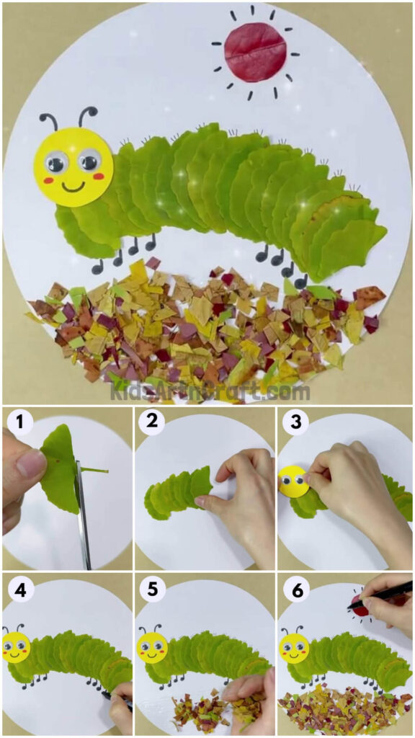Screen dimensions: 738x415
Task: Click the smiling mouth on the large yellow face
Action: [73, 187]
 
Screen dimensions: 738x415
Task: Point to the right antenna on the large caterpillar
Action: [86, 115]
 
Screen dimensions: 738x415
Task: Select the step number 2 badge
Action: [152, 422]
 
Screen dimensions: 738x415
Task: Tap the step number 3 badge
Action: [291, 422]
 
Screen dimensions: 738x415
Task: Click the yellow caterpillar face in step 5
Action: [152, 647]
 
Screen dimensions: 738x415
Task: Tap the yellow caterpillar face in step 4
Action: [15, 646]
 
